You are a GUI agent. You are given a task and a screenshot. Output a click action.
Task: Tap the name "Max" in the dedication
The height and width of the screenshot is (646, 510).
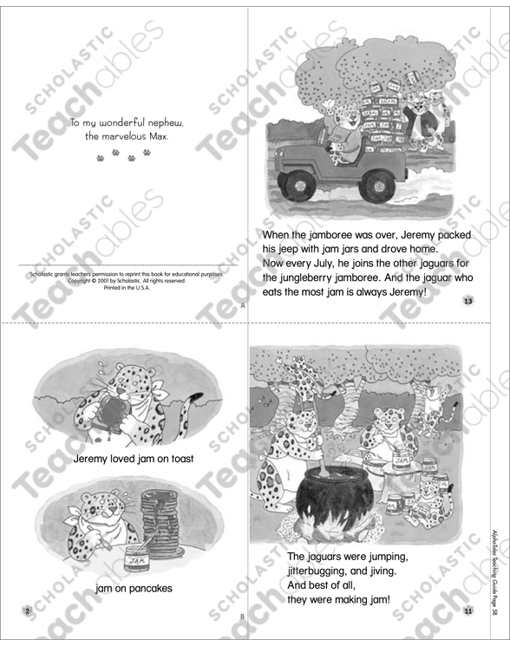(172, 137)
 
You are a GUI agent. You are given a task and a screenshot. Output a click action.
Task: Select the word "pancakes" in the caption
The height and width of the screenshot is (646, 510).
(147, 589)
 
